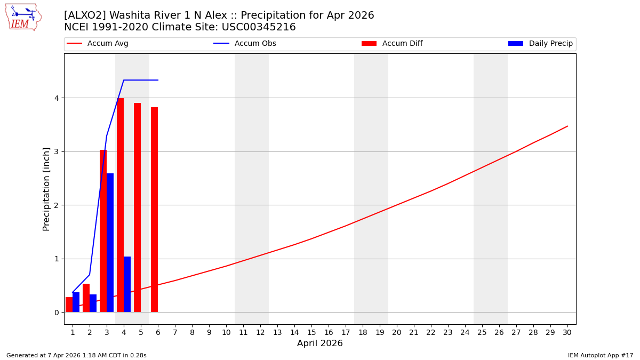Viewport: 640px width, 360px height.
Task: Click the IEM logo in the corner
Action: (x=23, y=17)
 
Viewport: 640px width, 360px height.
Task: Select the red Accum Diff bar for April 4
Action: (x=120, y=205)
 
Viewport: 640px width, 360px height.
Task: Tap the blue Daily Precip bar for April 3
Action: (x=110, y=243)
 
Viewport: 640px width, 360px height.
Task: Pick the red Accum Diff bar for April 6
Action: (x=154, y=210)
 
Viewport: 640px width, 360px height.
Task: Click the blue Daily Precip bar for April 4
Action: (x=127, y=284)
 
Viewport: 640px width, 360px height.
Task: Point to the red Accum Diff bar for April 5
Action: (x=137, y=207)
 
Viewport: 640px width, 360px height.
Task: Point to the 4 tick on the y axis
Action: (x=55, y=98)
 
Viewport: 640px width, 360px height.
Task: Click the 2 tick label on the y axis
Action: (x=55, y=205)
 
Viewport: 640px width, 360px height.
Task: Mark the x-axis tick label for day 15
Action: (x=311, y=332)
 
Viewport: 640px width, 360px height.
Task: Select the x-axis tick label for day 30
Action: (x=567, y=332)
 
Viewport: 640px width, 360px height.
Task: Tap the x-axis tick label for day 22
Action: (x=431, y=332)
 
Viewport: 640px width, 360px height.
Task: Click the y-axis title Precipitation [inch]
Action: (x=46, y=189)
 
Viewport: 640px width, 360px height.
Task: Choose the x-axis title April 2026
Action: (x=320, y=343)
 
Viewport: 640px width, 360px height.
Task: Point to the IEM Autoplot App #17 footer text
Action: (x=601, y=355)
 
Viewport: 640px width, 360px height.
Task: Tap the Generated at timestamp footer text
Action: (x=76, y=355)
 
